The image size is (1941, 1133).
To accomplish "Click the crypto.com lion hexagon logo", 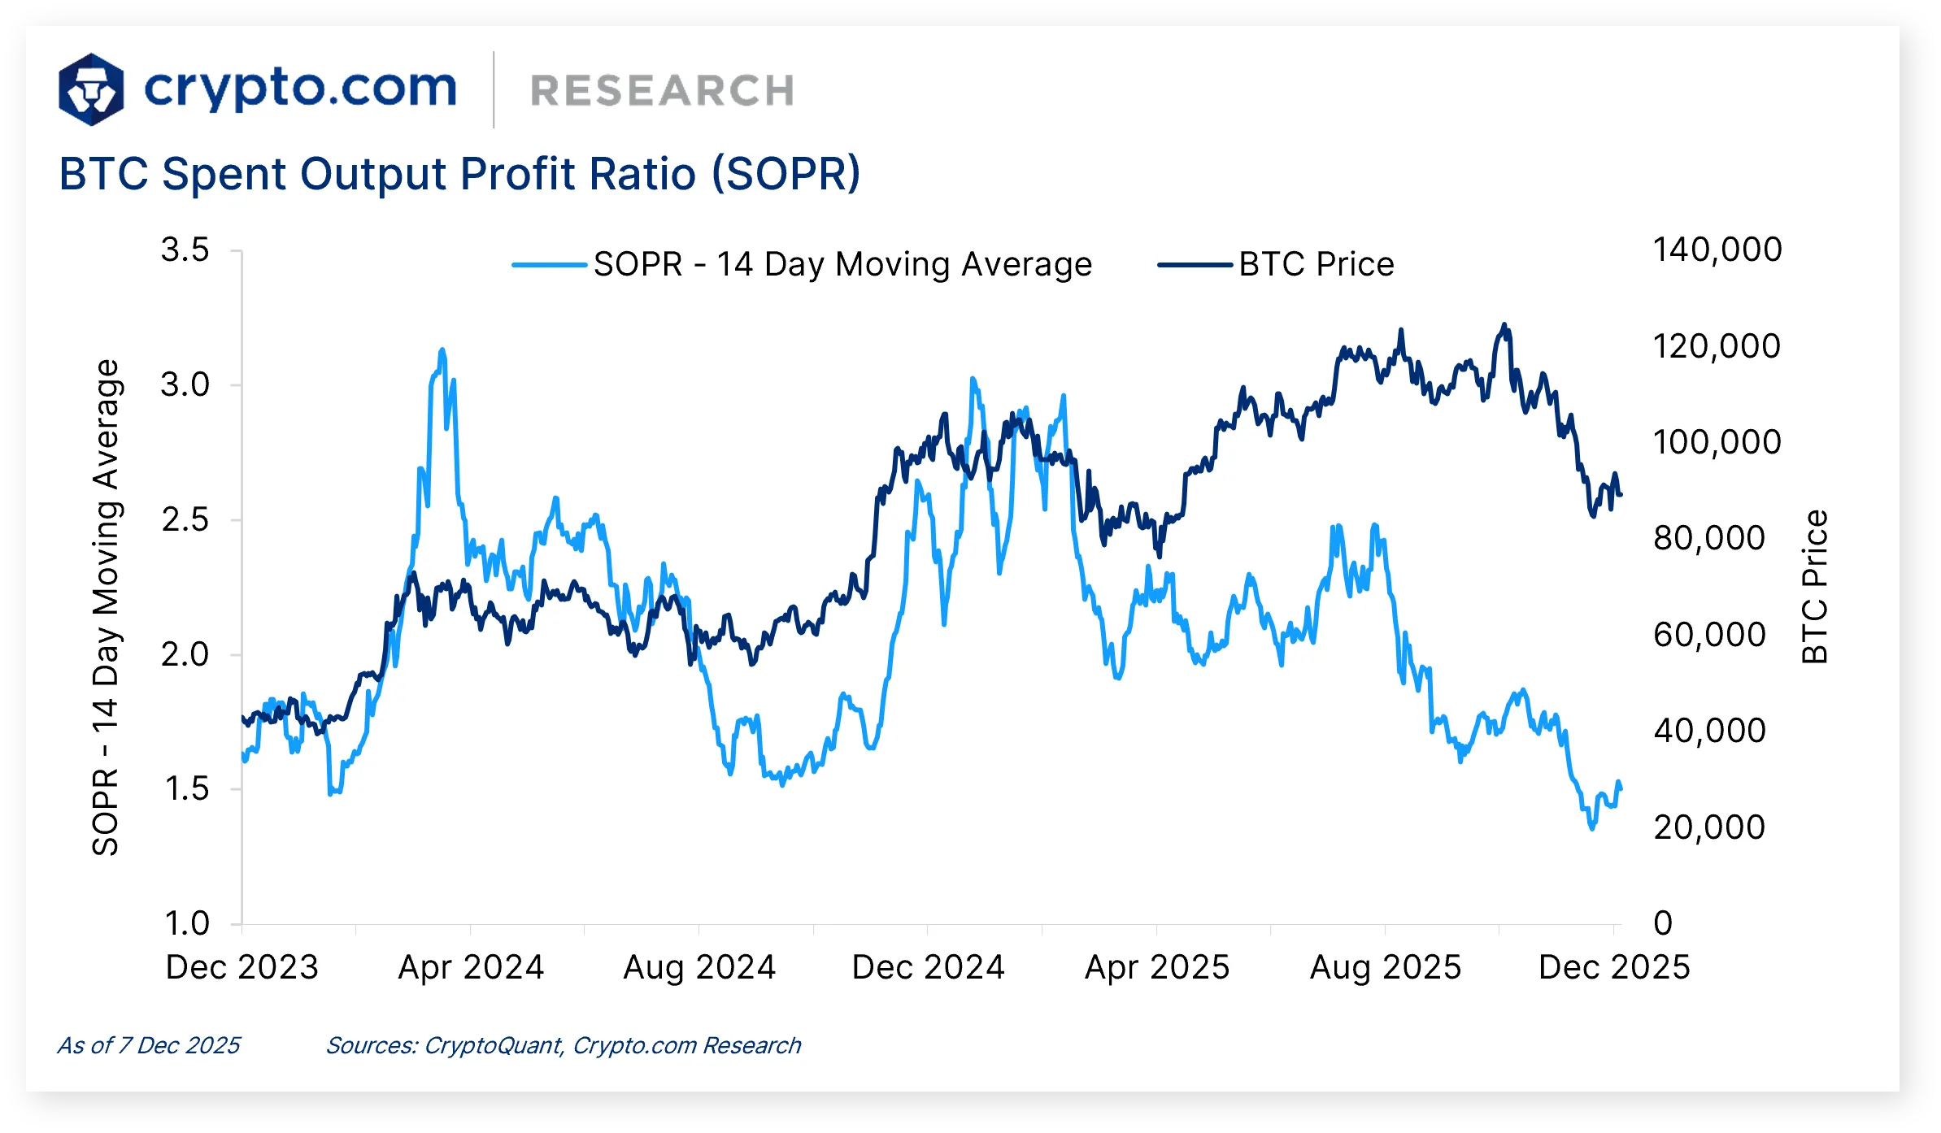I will [91, 89].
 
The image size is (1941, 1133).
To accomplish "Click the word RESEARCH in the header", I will [662, 90].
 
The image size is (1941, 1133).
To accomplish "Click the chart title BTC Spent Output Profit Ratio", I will [459, 174].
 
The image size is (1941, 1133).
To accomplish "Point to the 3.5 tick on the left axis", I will [185, 250].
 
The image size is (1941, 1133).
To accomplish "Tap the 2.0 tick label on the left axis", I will [185, 654].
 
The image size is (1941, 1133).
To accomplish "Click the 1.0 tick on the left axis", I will [186, 923].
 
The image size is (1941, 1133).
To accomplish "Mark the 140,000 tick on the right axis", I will [1717, 250].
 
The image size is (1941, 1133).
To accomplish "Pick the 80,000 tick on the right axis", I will [1708, 538].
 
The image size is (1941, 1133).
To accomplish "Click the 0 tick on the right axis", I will [1663, 923].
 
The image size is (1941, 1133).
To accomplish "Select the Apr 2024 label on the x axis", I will [470, 967].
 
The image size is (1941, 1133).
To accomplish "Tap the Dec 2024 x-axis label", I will [928, 967].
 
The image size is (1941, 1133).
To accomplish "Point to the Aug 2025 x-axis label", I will [1385, 967].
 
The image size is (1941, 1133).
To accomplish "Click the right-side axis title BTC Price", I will [1814, 586].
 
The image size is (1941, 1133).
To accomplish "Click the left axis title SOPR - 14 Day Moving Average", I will [106, 607].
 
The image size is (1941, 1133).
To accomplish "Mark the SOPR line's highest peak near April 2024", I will [442, 350].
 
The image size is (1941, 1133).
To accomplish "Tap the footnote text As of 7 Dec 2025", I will [149, 1045].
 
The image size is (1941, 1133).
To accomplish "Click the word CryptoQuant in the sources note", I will [493, 1045].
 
